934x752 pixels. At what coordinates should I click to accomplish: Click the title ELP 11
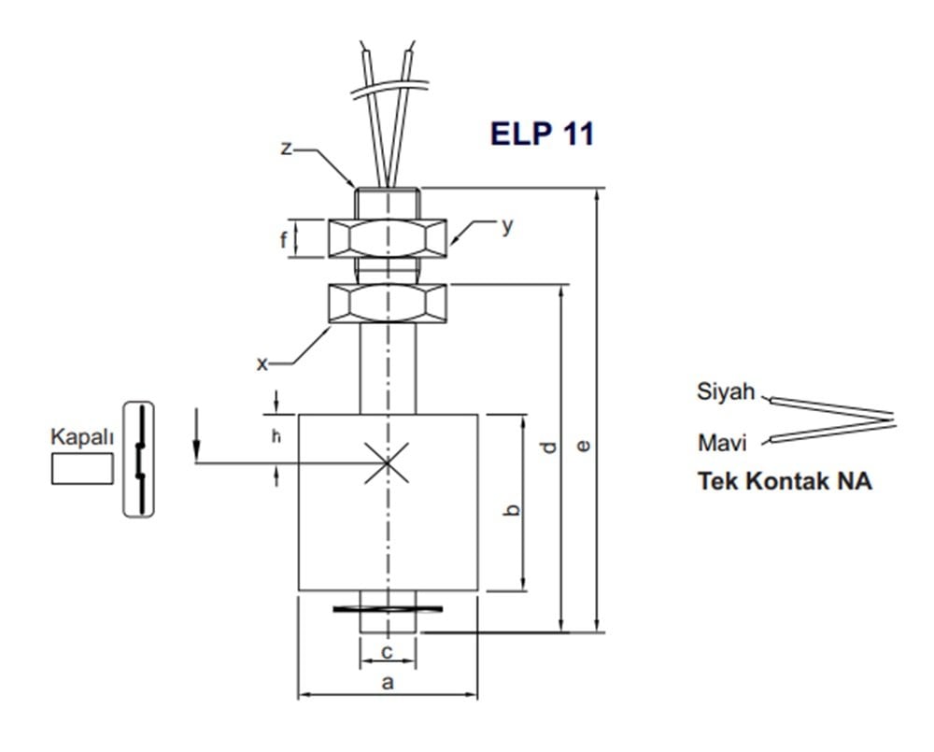click(542, 134)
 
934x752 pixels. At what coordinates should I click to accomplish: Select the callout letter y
click(506, 226)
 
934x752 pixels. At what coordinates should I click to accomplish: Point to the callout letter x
click(262, 363)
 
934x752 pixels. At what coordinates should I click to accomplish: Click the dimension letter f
click(283, 239)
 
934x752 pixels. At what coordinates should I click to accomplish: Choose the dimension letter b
click(510, 509)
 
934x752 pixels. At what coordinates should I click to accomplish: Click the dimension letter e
click(584, 447)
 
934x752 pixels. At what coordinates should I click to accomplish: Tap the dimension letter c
click(387, 652)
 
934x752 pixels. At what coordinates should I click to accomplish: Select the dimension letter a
click(388, 683)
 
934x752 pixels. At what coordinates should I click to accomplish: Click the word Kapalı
click(82, 436)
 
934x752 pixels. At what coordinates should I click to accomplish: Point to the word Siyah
click(725, 391)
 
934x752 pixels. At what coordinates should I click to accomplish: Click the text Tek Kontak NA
click(785, 482)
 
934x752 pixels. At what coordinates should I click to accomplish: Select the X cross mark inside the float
click(388, 462)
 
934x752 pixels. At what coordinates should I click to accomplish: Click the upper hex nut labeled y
click(388, 238)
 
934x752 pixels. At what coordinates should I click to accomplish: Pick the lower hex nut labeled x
click(388, 304)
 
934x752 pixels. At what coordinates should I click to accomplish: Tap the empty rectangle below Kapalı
click(82, 467)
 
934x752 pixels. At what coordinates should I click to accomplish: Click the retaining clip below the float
click(388, 610)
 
